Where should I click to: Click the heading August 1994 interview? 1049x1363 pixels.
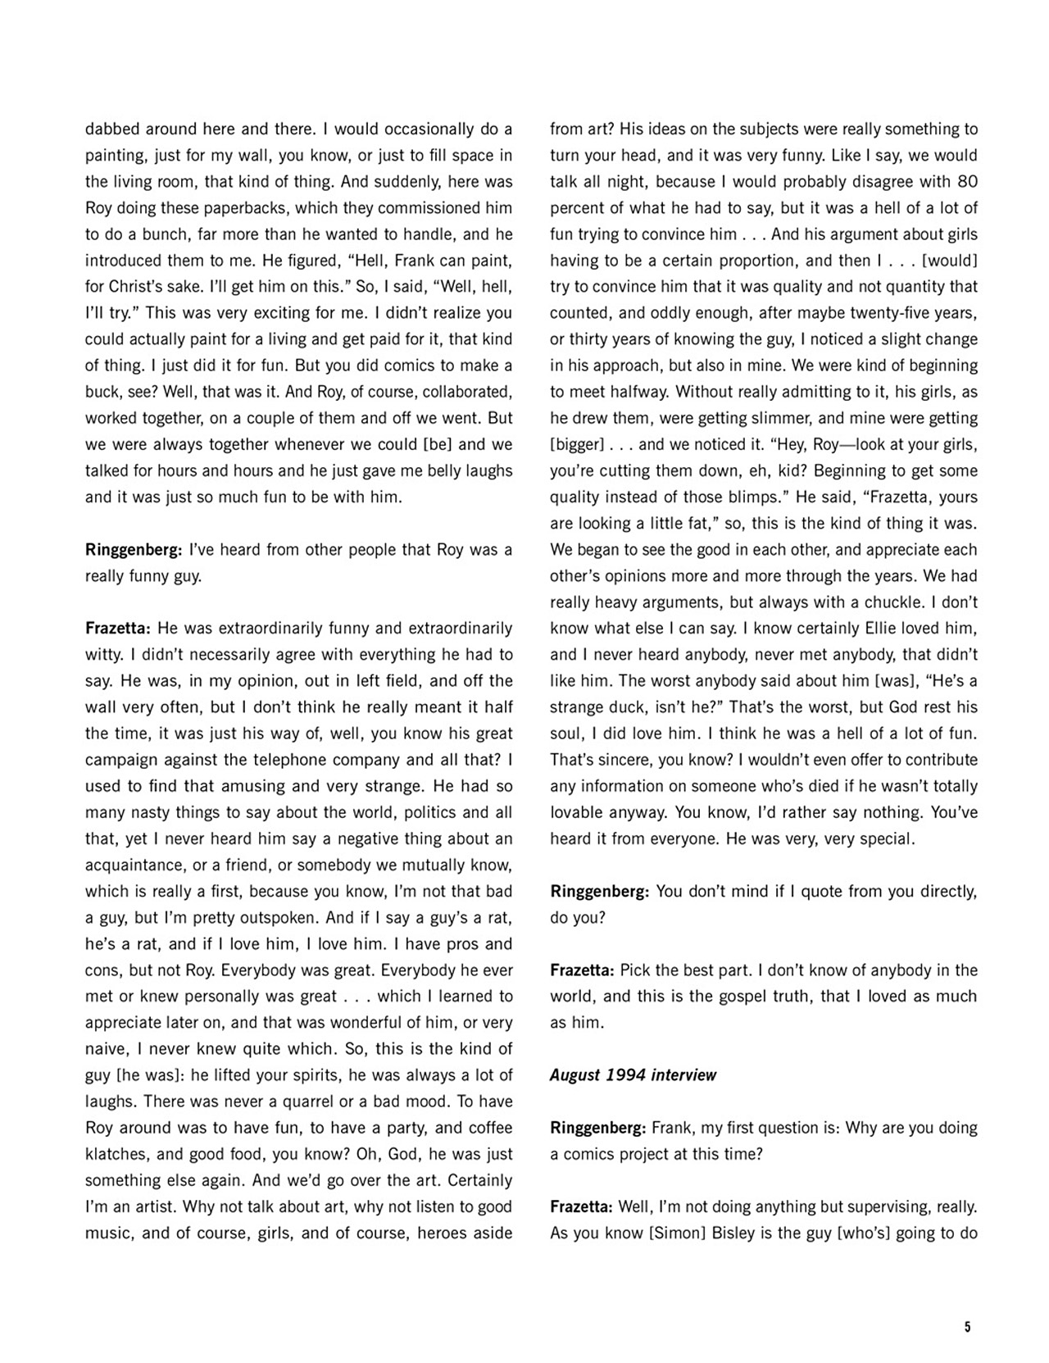pyautogui.click(x=633, y=1075)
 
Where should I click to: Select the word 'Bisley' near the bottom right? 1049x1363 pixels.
pyautogui.click(x=730, y=1234)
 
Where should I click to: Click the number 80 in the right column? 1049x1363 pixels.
pyautogui.click(x=968, y=182)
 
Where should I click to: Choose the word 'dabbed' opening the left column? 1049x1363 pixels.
pyautogui.click(x=111, y=129)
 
